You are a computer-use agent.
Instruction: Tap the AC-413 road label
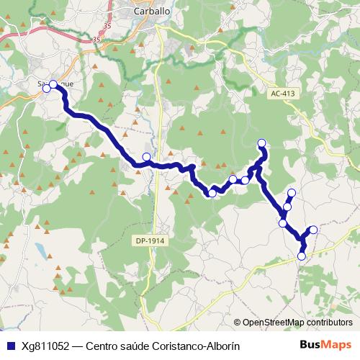coord(284,94)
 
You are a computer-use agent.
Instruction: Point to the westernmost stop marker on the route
coord(47,89)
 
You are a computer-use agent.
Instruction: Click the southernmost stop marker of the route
coord(302,256)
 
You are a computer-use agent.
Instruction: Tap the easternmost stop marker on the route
coord(313,230)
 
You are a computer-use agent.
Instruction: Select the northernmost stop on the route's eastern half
coord(262,143)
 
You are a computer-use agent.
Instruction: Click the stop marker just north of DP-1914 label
coord(147,157)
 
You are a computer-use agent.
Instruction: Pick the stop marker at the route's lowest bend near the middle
coord(212,193)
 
